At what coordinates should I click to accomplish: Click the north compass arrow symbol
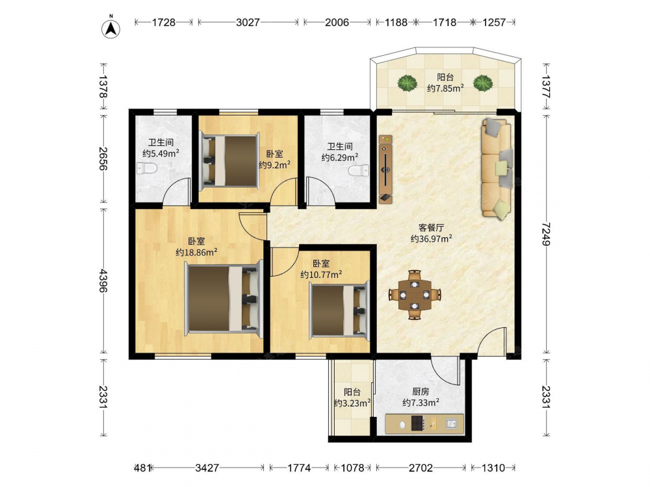(x=110, y=28)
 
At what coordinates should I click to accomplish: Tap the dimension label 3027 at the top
(x=248, y=22)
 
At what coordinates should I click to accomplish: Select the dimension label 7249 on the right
(x=547, y=234)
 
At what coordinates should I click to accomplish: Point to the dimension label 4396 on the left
(x=103, y=281)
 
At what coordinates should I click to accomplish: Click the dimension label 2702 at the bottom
(x=421, y=468)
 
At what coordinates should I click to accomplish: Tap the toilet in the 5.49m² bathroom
(x=147, y=169)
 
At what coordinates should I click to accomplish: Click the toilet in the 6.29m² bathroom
(x=359, y=171)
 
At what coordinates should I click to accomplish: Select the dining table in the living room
(x=415, y=295)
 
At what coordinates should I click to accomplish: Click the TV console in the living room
(x=385, y=169)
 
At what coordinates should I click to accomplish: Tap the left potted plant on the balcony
(x=407, y=83)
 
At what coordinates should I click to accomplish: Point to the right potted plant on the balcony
(x=484, y=83)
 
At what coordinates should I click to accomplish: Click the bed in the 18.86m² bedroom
(x=224, y=299)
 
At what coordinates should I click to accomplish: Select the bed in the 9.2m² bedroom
(x=229, y=160)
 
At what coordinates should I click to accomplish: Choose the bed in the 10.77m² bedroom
(x=339, y=310)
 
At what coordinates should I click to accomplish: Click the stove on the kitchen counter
(x=417, y=423)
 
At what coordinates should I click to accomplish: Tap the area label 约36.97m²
(x=431, y=238)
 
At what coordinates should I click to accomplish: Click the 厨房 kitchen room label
(x=421, y=392)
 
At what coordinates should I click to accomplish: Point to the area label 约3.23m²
(x=352, y=403)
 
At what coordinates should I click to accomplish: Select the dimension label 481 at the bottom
(x=142, y=468)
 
